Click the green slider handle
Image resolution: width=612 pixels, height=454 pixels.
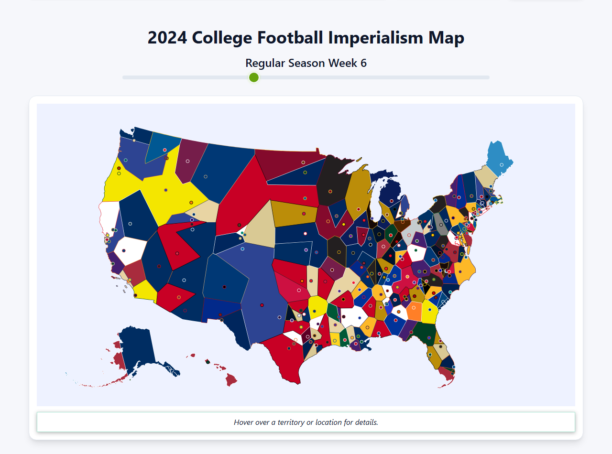click(254, 77)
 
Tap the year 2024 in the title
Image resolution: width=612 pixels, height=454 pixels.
click(167, 38)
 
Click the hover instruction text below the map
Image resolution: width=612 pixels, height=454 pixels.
click(306, 422)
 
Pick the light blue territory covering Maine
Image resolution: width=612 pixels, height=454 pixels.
click(497, 158)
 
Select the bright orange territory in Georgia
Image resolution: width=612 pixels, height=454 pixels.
click(414, 311)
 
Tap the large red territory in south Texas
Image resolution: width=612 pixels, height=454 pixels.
click(282, 358)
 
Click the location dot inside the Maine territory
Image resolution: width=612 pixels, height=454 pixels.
click(502, 165)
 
